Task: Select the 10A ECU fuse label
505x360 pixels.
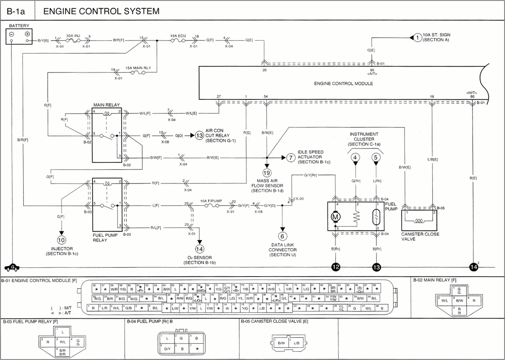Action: click(178, 35)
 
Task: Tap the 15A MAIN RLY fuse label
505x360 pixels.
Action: click(138, 68)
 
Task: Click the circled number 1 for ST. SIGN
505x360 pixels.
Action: click(417, 37)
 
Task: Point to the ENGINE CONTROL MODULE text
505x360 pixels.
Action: click(343, 83)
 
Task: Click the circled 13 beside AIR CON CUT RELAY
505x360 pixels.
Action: click(199, 135)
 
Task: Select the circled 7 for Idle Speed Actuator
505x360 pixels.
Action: click(290, 157)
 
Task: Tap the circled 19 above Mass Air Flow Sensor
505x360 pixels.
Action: click(267, 173)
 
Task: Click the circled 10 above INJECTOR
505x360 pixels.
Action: click(61, 240)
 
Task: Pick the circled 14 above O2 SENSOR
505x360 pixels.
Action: click(199, 249)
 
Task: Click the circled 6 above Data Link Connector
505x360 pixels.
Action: click(282, 236)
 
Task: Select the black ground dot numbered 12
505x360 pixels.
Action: click(336, 267)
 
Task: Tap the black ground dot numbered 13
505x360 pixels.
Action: click(376, 267)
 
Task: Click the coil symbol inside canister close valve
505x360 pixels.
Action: click(419, 220)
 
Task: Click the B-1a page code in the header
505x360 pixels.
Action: click(16, 11)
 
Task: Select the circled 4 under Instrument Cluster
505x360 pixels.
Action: click(355, 157)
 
